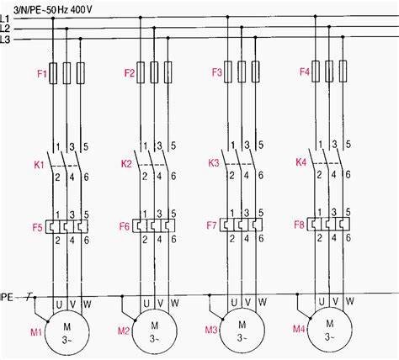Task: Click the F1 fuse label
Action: coord(42,74)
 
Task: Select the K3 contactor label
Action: coord(214,163)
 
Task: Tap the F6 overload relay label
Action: coord(125,226)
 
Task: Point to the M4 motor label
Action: coord(299,329)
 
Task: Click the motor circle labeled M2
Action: coord(155,331)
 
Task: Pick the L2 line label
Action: coord(5,29)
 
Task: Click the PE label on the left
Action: coord(7,297)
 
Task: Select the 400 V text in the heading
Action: coord(81,10)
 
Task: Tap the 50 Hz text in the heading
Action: coord(58,10)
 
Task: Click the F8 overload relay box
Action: coord(328,224)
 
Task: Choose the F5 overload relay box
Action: coord(66,226)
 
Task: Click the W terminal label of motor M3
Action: coord(263,302)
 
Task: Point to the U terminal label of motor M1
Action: coord(59,304)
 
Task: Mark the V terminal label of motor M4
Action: coord(336,302)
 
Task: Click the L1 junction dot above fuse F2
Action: coord(141,18)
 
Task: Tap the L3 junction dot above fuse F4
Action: coord(343,37)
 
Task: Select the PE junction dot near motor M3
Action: coord(210,295)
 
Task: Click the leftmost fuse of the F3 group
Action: coord(228,71)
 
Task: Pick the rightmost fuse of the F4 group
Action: coord(343,71)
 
